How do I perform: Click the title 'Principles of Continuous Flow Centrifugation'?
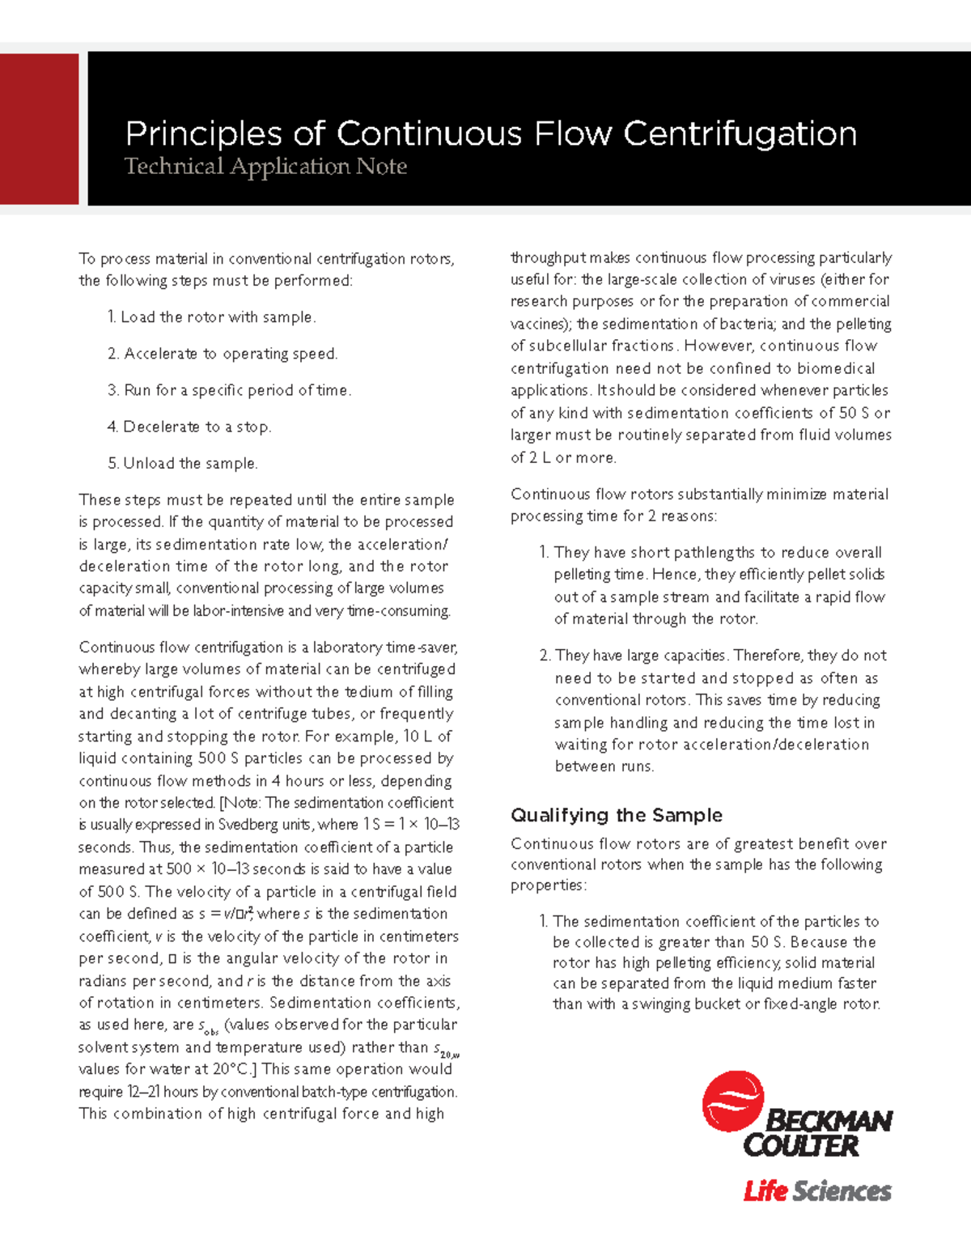pos(490,134)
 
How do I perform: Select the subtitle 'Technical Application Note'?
pos(265,167)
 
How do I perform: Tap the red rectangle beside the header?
pos(39,129)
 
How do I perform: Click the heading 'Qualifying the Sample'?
pos(617,815)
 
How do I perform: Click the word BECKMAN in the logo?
pos(828,1121)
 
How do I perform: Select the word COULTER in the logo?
pos(800,1146)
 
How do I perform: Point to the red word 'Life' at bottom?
pos(765,1191)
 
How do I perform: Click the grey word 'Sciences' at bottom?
pos(842,1191)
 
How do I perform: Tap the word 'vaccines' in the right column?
pos(540,324)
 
